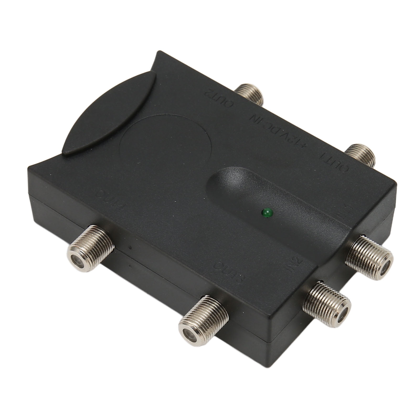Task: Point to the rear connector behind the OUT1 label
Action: (x=361, y=155)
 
